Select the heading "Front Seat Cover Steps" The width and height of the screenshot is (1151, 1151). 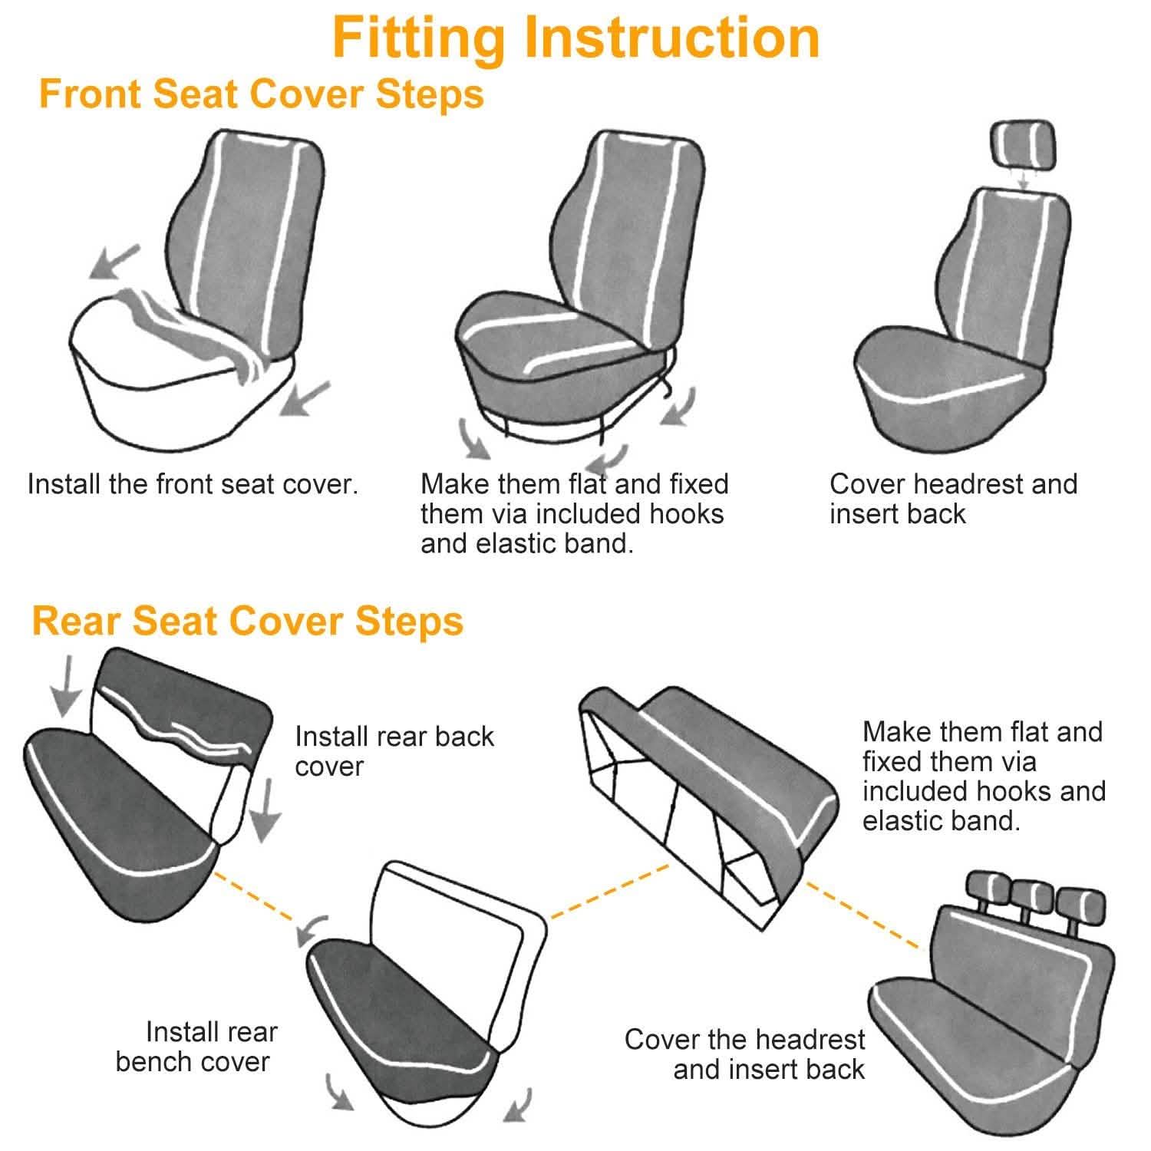pyautogui.click(x=261, y=94)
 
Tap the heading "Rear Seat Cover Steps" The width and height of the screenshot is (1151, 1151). pyautogui.click(x=247, y=621)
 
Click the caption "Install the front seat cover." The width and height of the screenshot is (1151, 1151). pyautogui.click(x=193, y=484)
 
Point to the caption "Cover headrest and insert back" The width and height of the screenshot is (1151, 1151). pyautogui.click(x=953, y=499)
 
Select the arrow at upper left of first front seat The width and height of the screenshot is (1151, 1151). pyautogui.click(x=114, y=262)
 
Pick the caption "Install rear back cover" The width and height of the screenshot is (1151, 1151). pyautogui.click(x=394, y=751)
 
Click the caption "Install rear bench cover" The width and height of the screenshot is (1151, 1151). pyautogui.click(x=196, y=1047)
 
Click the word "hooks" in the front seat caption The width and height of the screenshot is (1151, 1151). pyautogui.click(x=686, y=514)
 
